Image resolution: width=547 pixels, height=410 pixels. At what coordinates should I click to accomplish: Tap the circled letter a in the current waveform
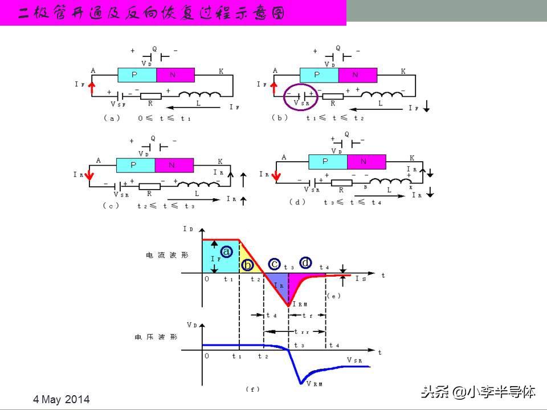click(x=226, y=251)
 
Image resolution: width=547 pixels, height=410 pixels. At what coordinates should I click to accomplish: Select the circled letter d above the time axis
click(x=306, y=263)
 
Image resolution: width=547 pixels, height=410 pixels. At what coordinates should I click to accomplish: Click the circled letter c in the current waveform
click(x=275, y=263)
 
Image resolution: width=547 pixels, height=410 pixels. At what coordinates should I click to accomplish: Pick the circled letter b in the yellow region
click(x=247, y=265)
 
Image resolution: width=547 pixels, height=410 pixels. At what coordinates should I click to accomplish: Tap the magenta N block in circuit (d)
click(x=365, y=161)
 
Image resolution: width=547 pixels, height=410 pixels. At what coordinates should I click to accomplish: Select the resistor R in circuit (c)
click(x=150, y=186)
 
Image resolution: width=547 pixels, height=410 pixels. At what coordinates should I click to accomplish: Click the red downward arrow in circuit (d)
click(x=276, y=177)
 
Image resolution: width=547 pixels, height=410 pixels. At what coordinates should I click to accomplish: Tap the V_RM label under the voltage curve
click(x=315, y=384)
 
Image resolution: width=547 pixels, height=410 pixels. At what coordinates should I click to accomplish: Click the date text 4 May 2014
click(x=62, y=399)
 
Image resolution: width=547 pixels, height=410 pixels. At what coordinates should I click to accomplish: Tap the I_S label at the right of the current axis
click(x=361, y=279)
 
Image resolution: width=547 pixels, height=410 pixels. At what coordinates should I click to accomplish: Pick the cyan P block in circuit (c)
click(x=136, y=165)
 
